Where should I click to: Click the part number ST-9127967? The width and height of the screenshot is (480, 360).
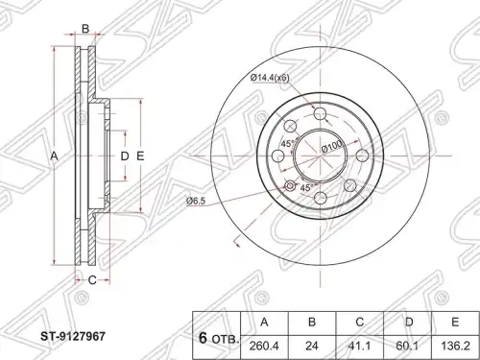pyautogui.click(x=72, y=336)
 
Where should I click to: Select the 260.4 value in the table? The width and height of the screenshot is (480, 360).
pyautogui.click(x=264, y=347)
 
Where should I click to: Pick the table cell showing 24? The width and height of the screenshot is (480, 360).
pyautogui.click(x=312, y=347)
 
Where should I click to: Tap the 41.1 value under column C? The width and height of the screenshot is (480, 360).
pyautogui.click(x=360, y=347)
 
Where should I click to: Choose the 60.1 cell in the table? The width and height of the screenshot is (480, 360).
pyautogui.click(x=409, y=347)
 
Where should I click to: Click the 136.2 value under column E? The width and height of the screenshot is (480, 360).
pyautogui.click(x=455, y=347)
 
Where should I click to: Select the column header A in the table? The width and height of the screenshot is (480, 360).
pyautogui.click(x=264, y=322)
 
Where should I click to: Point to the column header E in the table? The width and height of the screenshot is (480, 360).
pyautogui.click(x=455, y=322)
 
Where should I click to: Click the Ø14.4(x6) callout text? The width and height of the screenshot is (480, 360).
pyautogui.click(x=270, y=77)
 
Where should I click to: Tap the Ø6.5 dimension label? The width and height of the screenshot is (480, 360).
pyautogui.click(x=195, y=201)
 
